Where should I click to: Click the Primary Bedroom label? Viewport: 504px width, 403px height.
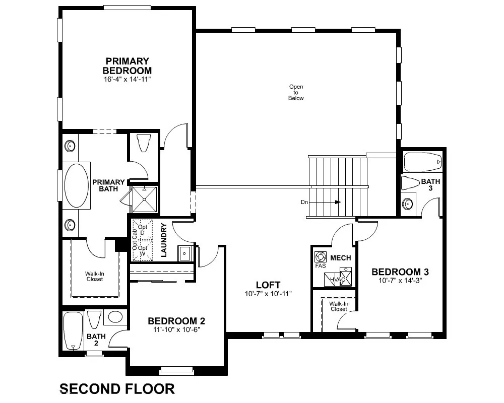(x=128, y=66)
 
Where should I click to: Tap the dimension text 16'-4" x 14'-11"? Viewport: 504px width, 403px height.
(x=128, y=80)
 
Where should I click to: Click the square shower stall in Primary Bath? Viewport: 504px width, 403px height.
(x=145, y=199)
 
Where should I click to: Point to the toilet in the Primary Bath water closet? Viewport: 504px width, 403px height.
(x=143, y=143)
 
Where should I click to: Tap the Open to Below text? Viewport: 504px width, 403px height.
(x=296, y=92)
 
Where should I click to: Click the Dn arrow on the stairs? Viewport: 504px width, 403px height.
(x=325, y=202)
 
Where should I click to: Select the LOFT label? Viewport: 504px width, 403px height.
(x=268, y=285)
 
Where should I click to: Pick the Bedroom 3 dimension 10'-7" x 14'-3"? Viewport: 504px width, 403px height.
(x=400, y=280)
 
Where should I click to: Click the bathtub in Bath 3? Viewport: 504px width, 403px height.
(x=422, y=162)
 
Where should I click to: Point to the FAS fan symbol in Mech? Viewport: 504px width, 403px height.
(x=320, y=257)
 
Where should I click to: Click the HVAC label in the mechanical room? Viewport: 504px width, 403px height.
(x=338, y=280)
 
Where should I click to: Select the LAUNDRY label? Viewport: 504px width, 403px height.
(x=164, y=240)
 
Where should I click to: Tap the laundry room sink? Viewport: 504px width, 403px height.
(x=184, y=253)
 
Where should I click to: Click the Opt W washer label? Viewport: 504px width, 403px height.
(x=143, y=251)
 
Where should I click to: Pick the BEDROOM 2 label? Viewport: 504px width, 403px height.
(x=176, y=321)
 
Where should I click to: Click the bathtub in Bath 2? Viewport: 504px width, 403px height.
(x=73, y=331)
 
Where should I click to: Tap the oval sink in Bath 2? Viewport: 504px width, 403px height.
(x=115, y=317)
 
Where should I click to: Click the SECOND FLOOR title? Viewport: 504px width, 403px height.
(x=117, y=389)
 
